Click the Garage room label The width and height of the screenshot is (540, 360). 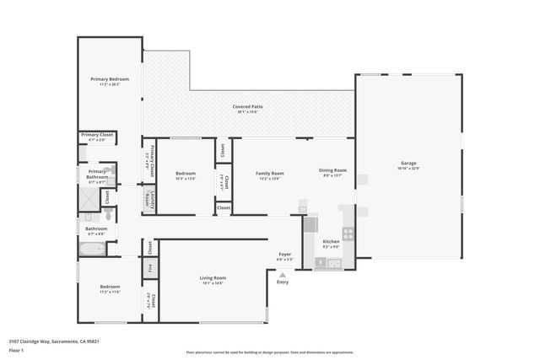(408, 164)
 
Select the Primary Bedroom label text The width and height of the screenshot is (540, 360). (110, 79)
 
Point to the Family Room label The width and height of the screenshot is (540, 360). (269, 174)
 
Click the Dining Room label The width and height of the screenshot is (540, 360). (332, 171)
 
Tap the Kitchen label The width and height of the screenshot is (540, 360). (332, 243)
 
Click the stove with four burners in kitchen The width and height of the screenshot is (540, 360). (347, 234)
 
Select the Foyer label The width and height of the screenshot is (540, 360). (285, 255)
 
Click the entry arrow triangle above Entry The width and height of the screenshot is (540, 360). (283, 274)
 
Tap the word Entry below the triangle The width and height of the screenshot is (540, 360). (283, 282)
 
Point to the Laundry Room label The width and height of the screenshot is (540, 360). (148, 199)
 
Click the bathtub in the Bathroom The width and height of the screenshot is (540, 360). (91, 249)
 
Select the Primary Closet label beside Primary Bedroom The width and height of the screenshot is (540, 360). (97, 135)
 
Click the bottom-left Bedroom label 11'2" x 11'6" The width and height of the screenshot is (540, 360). (110, 287)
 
